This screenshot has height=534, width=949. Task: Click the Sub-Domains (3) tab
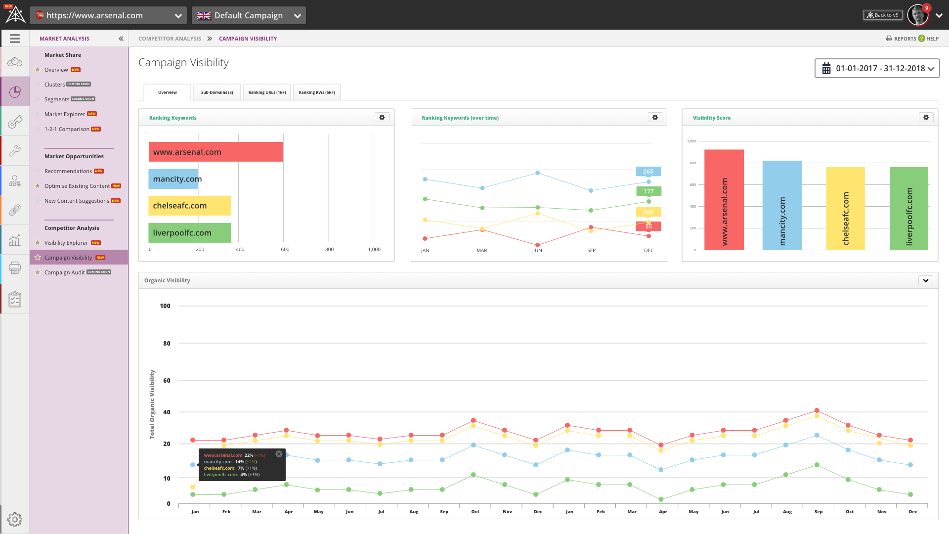click(x=217, y=92)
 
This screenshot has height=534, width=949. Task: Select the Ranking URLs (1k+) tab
click(x=267, y=92)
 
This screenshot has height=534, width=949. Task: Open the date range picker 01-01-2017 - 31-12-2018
click(x=877, y=69)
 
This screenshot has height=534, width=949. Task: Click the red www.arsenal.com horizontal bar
click(x=216, y=152)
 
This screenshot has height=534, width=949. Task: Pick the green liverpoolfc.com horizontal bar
click(x=190, y=233)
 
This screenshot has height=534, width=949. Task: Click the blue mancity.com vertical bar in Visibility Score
click(x=782, y=205)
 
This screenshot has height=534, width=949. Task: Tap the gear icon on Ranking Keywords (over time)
click(x=655, y=118)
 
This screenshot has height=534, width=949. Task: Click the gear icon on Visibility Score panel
click(x=926, y=118)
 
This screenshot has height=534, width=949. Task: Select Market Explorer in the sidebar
click(x=65, y=114)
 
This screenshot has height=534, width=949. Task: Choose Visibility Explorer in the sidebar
click(x=66, y=243)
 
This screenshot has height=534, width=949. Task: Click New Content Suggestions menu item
click(x=77, y=201)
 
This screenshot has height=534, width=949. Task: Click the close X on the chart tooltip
click(x=279, y=454)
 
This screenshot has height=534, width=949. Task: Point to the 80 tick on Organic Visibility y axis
click(x=167, y=343)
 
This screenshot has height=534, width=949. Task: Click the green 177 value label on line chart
click(x=648, y=191)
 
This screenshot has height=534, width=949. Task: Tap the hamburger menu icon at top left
click(x=15, y=39)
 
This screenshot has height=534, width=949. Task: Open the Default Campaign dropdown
click(x=249, y=15)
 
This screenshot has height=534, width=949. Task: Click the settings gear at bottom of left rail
click(x=15, y=519)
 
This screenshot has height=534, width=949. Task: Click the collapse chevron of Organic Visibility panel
click(x=925, y=280)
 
